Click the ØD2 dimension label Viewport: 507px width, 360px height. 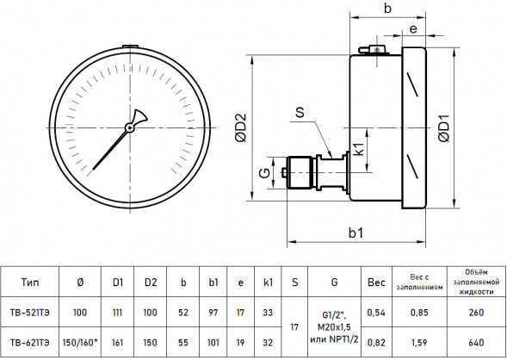coord(241,127)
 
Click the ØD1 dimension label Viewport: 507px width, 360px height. coord(445,128)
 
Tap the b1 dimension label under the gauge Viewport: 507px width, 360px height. coord(356,233)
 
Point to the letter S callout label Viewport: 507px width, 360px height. coord(300,112)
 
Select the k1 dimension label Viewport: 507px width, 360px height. coord(359,148)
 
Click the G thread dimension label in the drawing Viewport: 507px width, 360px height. coord(265,173)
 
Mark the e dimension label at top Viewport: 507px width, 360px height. coord(413,29)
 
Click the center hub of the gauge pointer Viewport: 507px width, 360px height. coord(130,127)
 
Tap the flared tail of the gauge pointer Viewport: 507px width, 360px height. coord(139,116)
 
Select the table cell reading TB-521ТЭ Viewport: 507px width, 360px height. coord(30,313)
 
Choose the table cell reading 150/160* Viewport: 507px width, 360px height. coord(80,343)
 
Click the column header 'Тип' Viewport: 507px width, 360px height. coord(30,282)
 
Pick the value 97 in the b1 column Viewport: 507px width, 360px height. coord(213,313)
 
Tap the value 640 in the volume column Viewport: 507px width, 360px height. coord(476,343)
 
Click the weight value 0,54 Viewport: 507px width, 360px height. coord(376,313)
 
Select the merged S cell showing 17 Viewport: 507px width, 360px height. coord(294,327)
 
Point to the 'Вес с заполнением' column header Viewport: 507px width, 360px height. coord(419,282)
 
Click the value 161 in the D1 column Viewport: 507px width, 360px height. coord(117,343)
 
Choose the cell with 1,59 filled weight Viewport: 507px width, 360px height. coord(419,343)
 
